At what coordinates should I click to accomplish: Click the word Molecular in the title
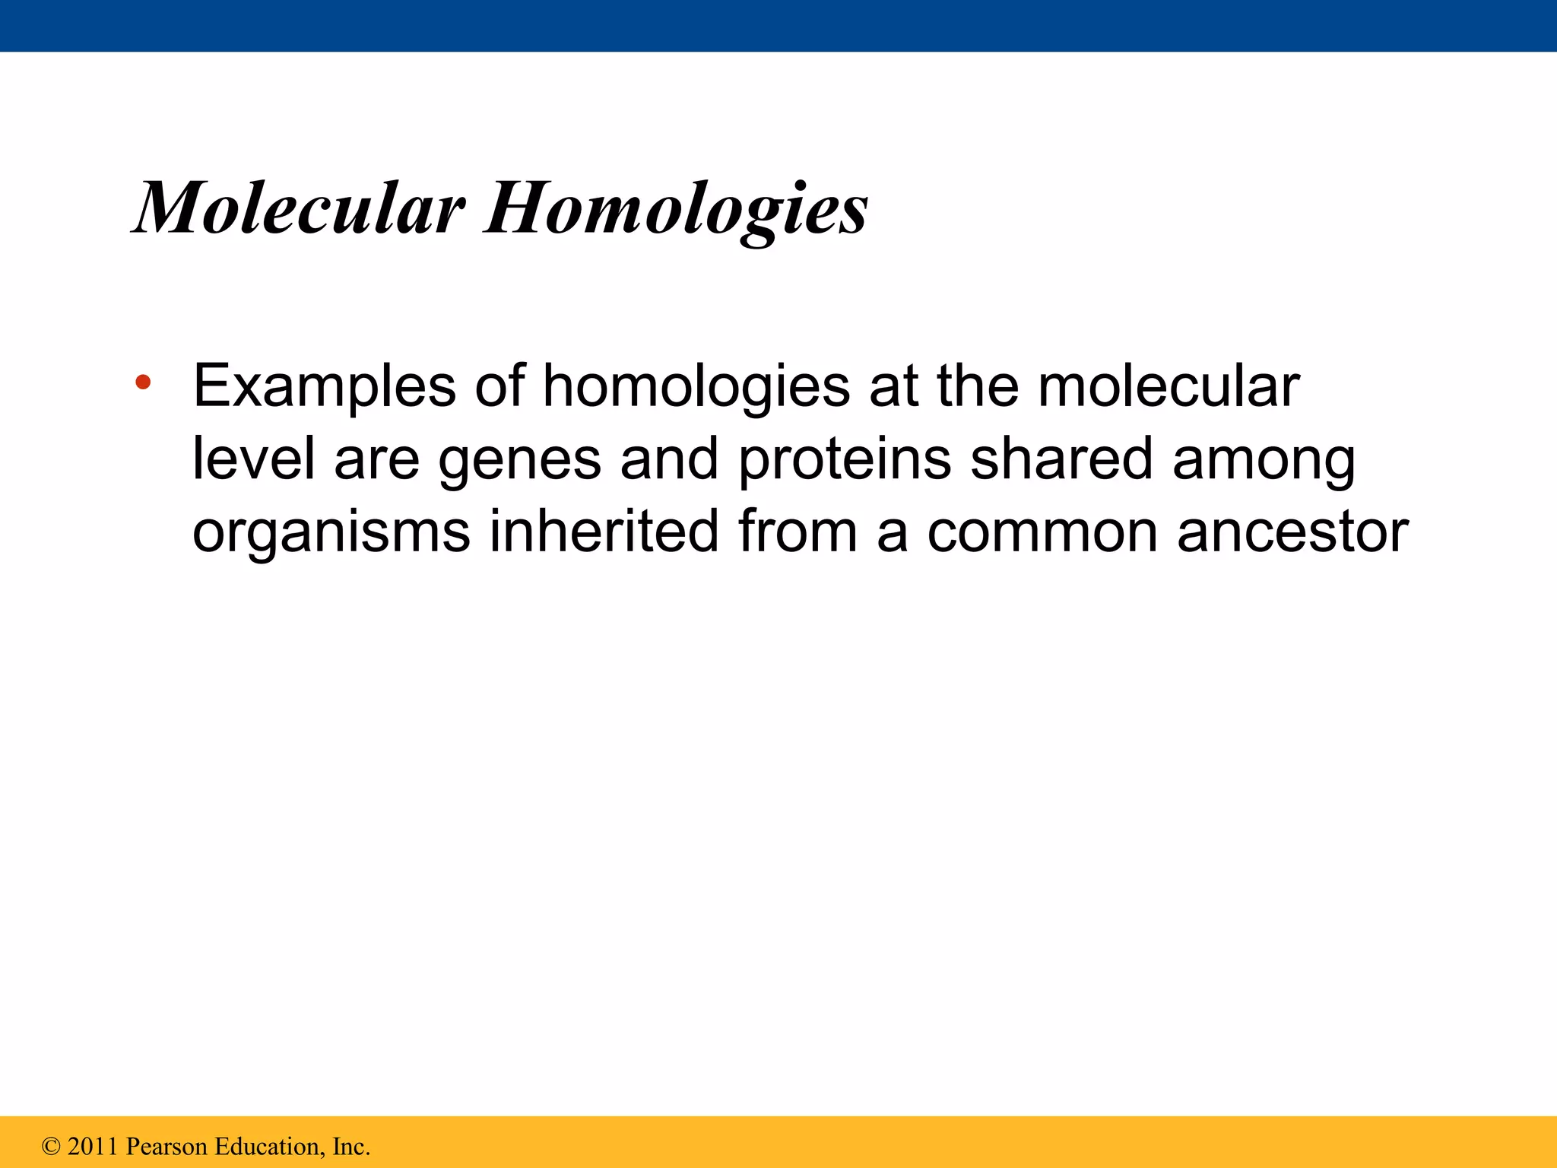pos(300,208)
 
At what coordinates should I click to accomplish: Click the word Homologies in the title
pos(677,209)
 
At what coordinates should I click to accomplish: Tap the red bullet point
pos(143,382)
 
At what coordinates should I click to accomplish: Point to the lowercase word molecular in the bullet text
pos(1169,386)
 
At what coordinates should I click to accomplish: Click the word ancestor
pos(1292,532)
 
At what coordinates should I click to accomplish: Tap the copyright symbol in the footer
pos(51,1147)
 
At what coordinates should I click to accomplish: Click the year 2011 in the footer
pos(93,1147)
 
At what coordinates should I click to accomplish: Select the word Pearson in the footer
pos(166,1147)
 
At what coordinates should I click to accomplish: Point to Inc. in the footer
pos(351,1147)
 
